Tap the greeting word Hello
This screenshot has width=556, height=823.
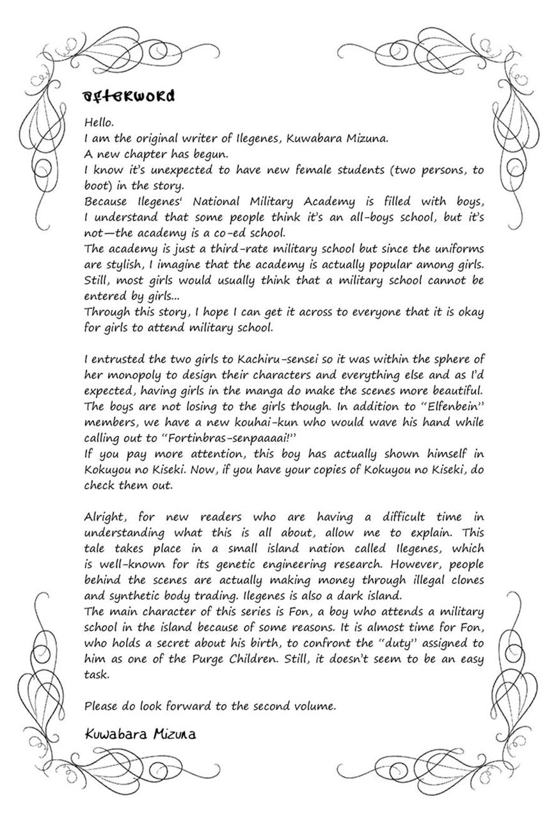click(x=98, y=121)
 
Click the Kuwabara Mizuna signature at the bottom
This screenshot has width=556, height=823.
click(x=140, y=733)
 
